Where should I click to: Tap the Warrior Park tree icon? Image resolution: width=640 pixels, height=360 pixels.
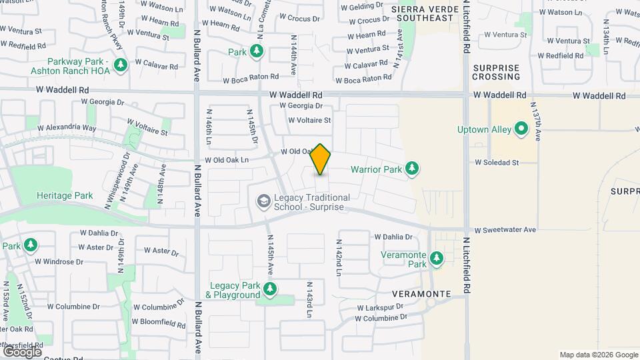click(x=413, y=168)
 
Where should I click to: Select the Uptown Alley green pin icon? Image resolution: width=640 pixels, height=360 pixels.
click(x=522, y=130)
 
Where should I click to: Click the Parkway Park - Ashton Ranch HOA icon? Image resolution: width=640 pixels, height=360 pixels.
click(x=121, y=65)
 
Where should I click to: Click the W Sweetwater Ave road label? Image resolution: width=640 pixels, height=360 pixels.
click(x=505, y=230)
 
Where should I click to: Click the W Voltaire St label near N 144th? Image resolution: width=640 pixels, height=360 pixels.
click(x=309, y=120)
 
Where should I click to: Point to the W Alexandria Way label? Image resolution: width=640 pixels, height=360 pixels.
click(x=67, y=127)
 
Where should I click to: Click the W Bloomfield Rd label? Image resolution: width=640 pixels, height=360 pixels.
click(x=159, y=323)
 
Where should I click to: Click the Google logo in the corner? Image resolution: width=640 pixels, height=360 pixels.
click(x=22, y=351)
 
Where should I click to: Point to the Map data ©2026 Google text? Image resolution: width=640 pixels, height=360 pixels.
click(x=598, y=355)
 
